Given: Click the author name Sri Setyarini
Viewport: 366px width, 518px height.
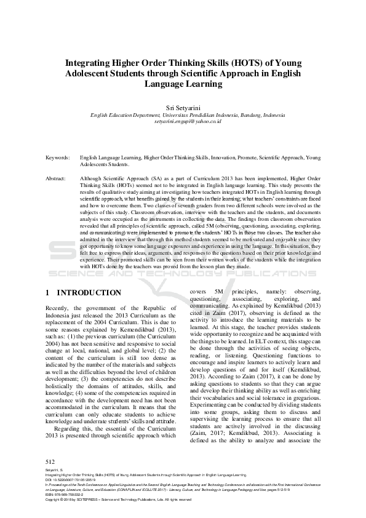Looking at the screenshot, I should [183, 108].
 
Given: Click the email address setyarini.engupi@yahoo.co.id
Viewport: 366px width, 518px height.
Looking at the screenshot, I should [183, 122].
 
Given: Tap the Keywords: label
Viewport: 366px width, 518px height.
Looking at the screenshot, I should [58, 158].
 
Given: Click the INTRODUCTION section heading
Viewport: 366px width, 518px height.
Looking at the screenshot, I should [93, 293].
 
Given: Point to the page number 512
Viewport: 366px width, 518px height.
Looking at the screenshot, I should [51, 461].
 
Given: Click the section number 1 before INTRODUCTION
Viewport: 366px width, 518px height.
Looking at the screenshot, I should [49, 293].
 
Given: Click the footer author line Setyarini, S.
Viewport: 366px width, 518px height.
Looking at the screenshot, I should [55, 469].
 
